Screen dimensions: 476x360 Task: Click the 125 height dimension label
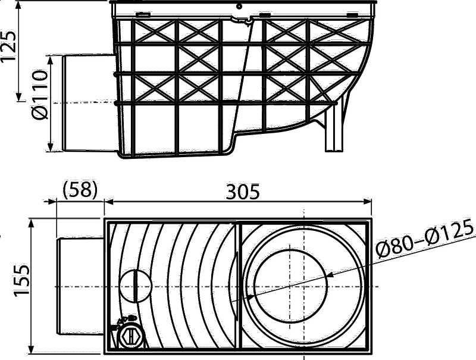[8, 46]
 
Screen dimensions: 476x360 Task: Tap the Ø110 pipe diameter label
[40, 95]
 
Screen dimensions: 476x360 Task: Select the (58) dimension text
[80, 190]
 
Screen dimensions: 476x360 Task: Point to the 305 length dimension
[243, 192]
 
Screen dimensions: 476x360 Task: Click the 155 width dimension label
[21, 280]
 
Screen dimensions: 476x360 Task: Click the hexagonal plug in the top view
[130, 337]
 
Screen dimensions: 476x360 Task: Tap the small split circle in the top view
[136, 286]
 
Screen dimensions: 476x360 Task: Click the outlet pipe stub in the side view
[90, 102]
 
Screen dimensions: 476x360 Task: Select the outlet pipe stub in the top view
[80, 287]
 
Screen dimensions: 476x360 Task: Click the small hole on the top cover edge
[239, 6]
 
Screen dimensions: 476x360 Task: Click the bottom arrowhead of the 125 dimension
[19, 96]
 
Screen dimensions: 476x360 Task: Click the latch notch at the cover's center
[242, 20]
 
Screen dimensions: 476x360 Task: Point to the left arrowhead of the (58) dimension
[52, 202]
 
